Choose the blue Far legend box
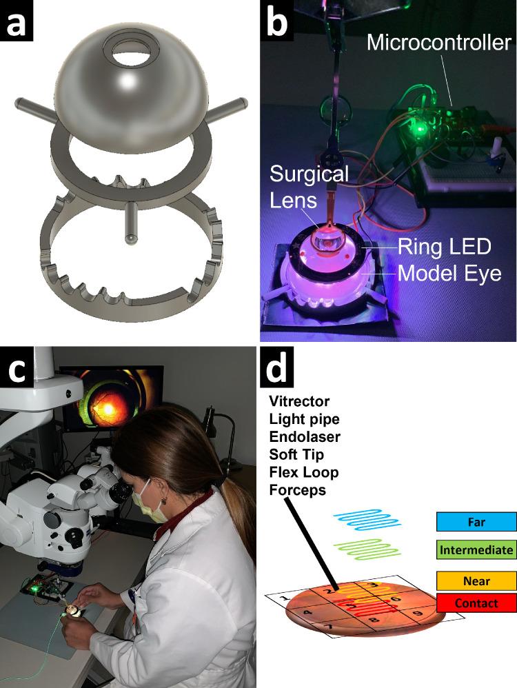476,522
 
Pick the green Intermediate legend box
476,549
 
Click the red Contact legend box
476,603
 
